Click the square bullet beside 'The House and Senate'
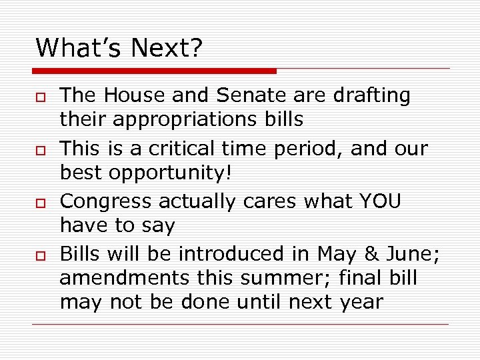[x=41, y=98]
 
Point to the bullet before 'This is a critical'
[x=41, y=151]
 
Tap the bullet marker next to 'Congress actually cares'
[x=41, y=204]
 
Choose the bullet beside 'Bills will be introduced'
[x=41, y=257]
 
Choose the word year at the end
[x=359, y=303]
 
